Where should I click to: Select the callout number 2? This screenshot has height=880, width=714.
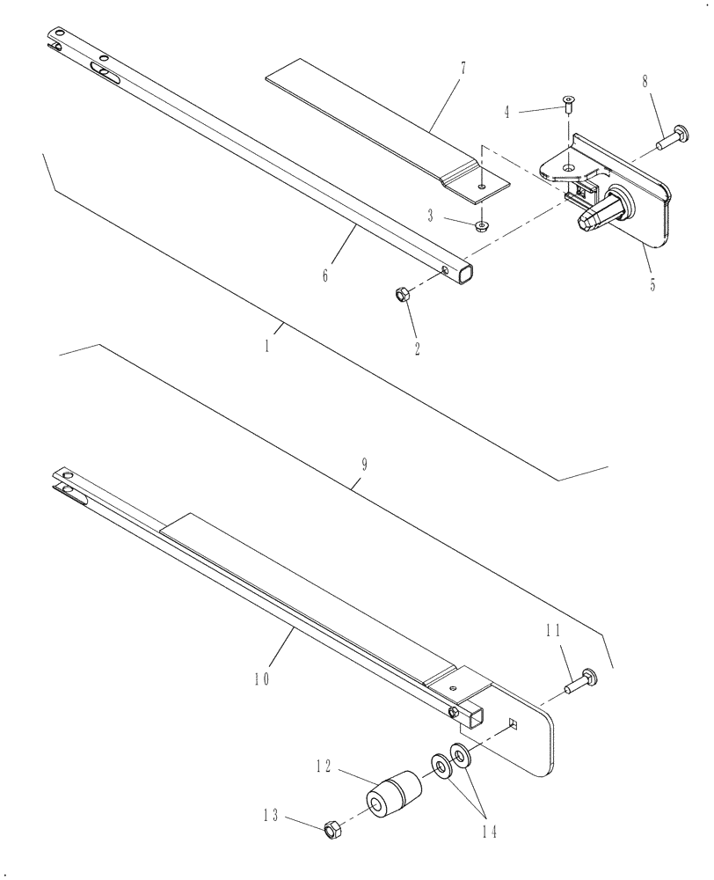coord(417,348)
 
